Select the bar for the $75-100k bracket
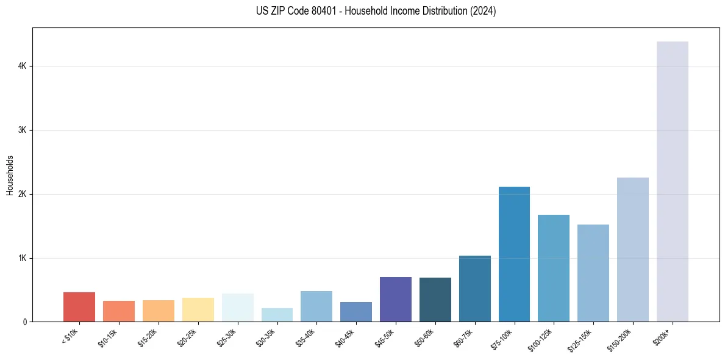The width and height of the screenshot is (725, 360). (514, 254)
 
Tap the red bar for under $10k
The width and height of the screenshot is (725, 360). (79, 307)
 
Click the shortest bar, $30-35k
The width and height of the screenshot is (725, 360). (277, 315)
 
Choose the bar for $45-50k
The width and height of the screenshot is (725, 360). (395, 299)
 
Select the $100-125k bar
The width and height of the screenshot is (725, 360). (554, 268)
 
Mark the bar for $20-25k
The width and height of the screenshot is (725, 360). (198, 309)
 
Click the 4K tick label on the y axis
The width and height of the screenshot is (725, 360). (23, 66)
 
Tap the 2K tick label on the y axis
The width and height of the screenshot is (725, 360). (23, 194)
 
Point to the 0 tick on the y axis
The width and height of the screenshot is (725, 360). (24, 322)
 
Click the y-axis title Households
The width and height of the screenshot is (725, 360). (10, 175)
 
